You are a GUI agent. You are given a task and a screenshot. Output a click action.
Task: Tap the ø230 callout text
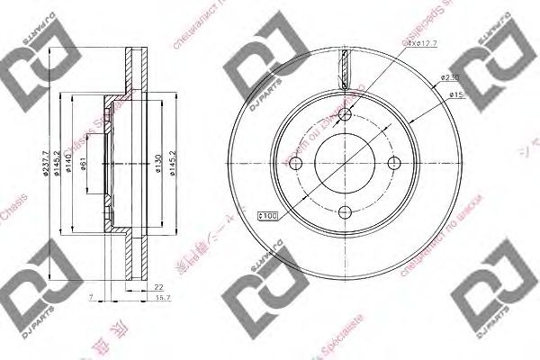pyautogui.click(x=449, y=78)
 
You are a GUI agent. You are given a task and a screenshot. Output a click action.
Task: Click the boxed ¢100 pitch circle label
pyautogui.click(x=267, y=215)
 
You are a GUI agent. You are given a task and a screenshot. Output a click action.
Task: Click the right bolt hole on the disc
pyautogui.click(x=393, y=163)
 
